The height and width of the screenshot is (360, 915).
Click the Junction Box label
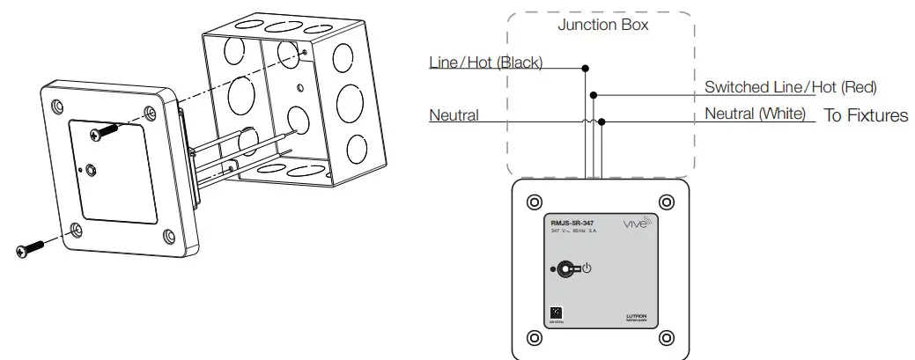pyautogui.click(x=602, y=25)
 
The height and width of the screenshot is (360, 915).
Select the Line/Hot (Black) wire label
pyautogui.click(x=485, y=62)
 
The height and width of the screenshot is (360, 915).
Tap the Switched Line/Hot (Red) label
pyautogui.click(x=790, y=87)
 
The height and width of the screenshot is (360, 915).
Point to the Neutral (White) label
pyautogui.click(x=754, y=114)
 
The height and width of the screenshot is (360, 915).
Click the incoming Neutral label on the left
pyautogui.click(x=454, y=115)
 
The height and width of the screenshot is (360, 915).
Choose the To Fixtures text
pyautogui.click(x=865, y=115)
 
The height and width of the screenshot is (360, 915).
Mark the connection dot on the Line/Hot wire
pyautogui.click(x=586, y=68)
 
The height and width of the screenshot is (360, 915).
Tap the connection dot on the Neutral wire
pyautogui.click(x=601, y=121)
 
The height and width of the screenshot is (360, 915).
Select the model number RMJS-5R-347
pyautogui.click(x=572, y=224)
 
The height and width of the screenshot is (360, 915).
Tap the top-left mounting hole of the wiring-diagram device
pyautogui.click(x=533, y=202)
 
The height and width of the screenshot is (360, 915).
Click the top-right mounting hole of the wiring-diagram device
pyautogui.click(x=665, y=202)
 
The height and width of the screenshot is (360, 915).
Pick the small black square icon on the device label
pyautogui.click(x=555, y=312)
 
